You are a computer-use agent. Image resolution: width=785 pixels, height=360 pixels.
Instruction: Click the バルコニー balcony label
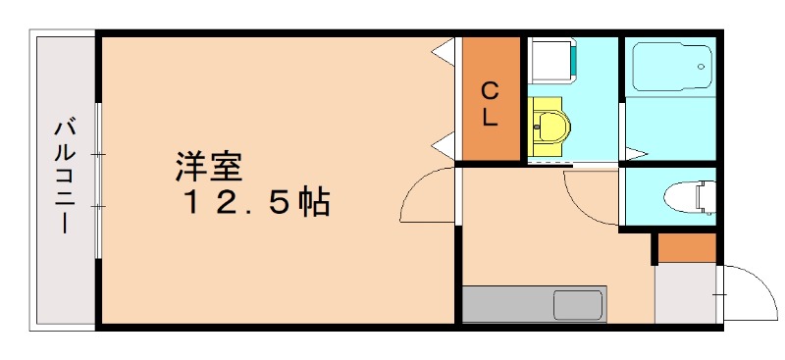(66, 177)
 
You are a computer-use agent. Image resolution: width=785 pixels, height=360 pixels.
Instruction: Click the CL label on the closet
(491, 103)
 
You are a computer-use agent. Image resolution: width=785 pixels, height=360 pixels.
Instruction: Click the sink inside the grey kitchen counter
(577, 304)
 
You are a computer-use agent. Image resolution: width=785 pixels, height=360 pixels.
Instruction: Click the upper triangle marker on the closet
(445, 51)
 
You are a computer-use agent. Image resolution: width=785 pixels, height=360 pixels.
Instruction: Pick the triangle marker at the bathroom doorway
(635, 154)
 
